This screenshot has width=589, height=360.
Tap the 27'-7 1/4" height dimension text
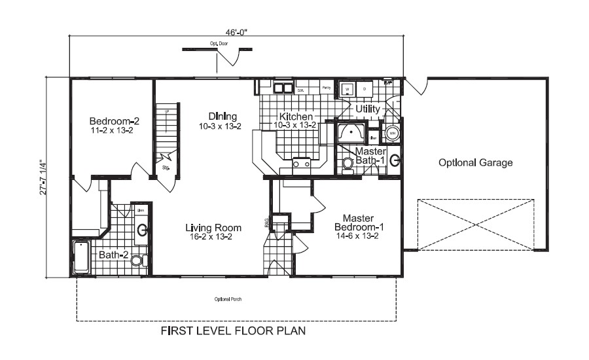tap(43, 177)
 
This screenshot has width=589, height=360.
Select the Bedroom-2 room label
tap(115, 121)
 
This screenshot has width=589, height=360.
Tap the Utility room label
tap(368, 108)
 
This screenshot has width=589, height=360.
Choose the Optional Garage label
tap(475, 163)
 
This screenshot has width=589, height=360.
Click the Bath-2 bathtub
tap(80, 257)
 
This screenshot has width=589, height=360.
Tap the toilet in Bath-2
tap(137, 261)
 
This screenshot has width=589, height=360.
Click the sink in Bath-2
tap(141, 230)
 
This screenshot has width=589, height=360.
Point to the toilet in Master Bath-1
tap(348, 164)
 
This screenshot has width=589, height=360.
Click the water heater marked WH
tap(393, 133)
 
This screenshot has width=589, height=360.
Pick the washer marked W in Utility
tap(348, 88)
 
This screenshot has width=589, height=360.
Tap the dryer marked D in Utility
tap(365, 88)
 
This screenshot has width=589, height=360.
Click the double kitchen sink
tap(283, 88)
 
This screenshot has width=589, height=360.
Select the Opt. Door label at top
tap(219, 43)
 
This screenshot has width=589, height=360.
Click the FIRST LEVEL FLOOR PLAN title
tap(233, 331)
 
